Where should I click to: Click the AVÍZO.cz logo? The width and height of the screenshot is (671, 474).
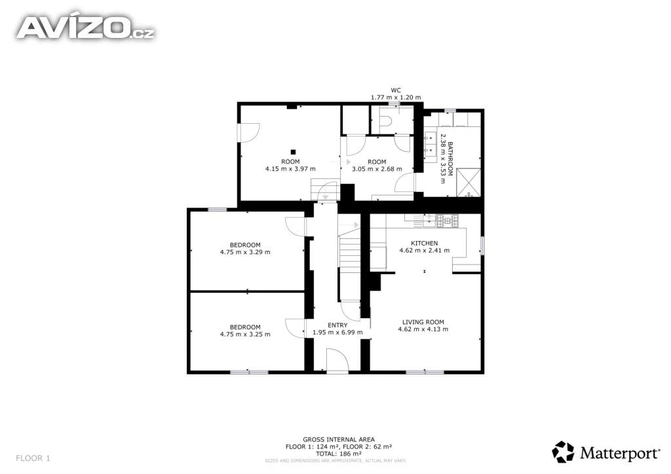click(86, 27)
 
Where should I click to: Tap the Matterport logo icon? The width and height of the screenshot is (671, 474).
click(563, 452)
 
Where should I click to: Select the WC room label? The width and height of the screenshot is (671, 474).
click(396, 90)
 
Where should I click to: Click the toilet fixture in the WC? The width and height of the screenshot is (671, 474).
click(387, 121)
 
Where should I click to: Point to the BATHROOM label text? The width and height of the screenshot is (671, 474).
click(450, 159)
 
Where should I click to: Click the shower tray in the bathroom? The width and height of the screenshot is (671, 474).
click(469, 183)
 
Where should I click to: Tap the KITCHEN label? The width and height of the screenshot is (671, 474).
click(425, 243)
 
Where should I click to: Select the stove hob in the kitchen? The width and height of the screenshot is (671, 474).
click(447, 221)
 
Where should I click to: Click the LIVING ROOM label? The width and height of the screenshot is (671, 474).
click(423, 322)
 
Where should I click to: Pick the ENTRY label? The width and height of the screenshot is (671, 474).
click(337, 325)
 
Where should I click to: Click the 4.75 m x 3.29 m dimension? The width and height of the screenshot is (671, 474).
click(245, 252)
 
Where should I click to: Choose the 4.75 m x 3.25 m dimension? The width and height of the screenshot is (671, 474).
click(245, 335)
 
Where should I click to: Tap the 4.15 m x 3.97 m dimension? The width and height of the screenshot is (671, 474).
click(290, 169)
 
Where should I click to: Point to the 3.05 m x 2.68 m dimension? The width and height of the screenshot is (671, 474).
click(377, 169)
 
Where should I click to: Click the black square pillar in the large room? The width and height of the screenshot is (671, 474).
click(293, 152)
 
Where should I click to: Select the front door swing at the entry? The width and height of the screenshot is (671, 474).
click(337, 360)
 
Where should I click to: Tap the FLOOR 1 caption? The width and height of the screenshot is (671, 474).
click(33, 458)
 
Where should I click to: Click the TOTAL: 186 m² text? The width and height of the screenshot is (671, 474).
click(339, 454)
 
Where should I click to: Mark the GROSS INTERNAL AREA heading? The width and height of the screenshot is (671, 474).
click(339, 439)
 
